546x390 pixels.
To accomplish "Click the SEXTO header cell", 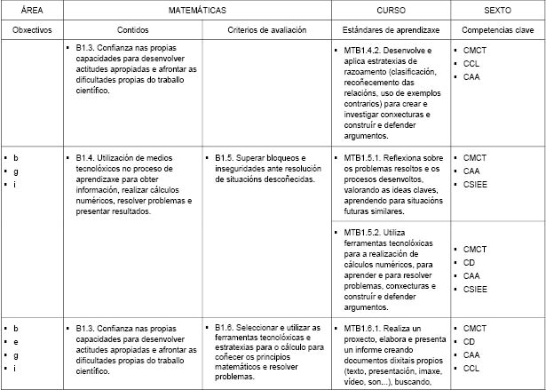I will coord(496,10).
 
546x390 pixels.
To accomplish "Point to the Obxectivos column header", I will coord(33,30).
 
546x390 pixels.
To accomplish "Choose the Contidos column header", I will coord(132,30).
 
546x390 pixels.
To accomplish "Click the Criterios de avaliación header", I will coord(265,30).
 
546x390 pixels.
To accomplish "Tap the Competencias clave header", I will coord(496,30).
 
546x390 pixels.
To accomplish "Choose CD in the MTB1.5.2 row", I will coord(470,263).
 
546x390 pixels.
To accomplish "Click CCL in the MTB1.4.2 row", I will coord(471,64).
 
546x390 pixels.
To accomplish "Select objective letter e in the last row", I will coord(16,341).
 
